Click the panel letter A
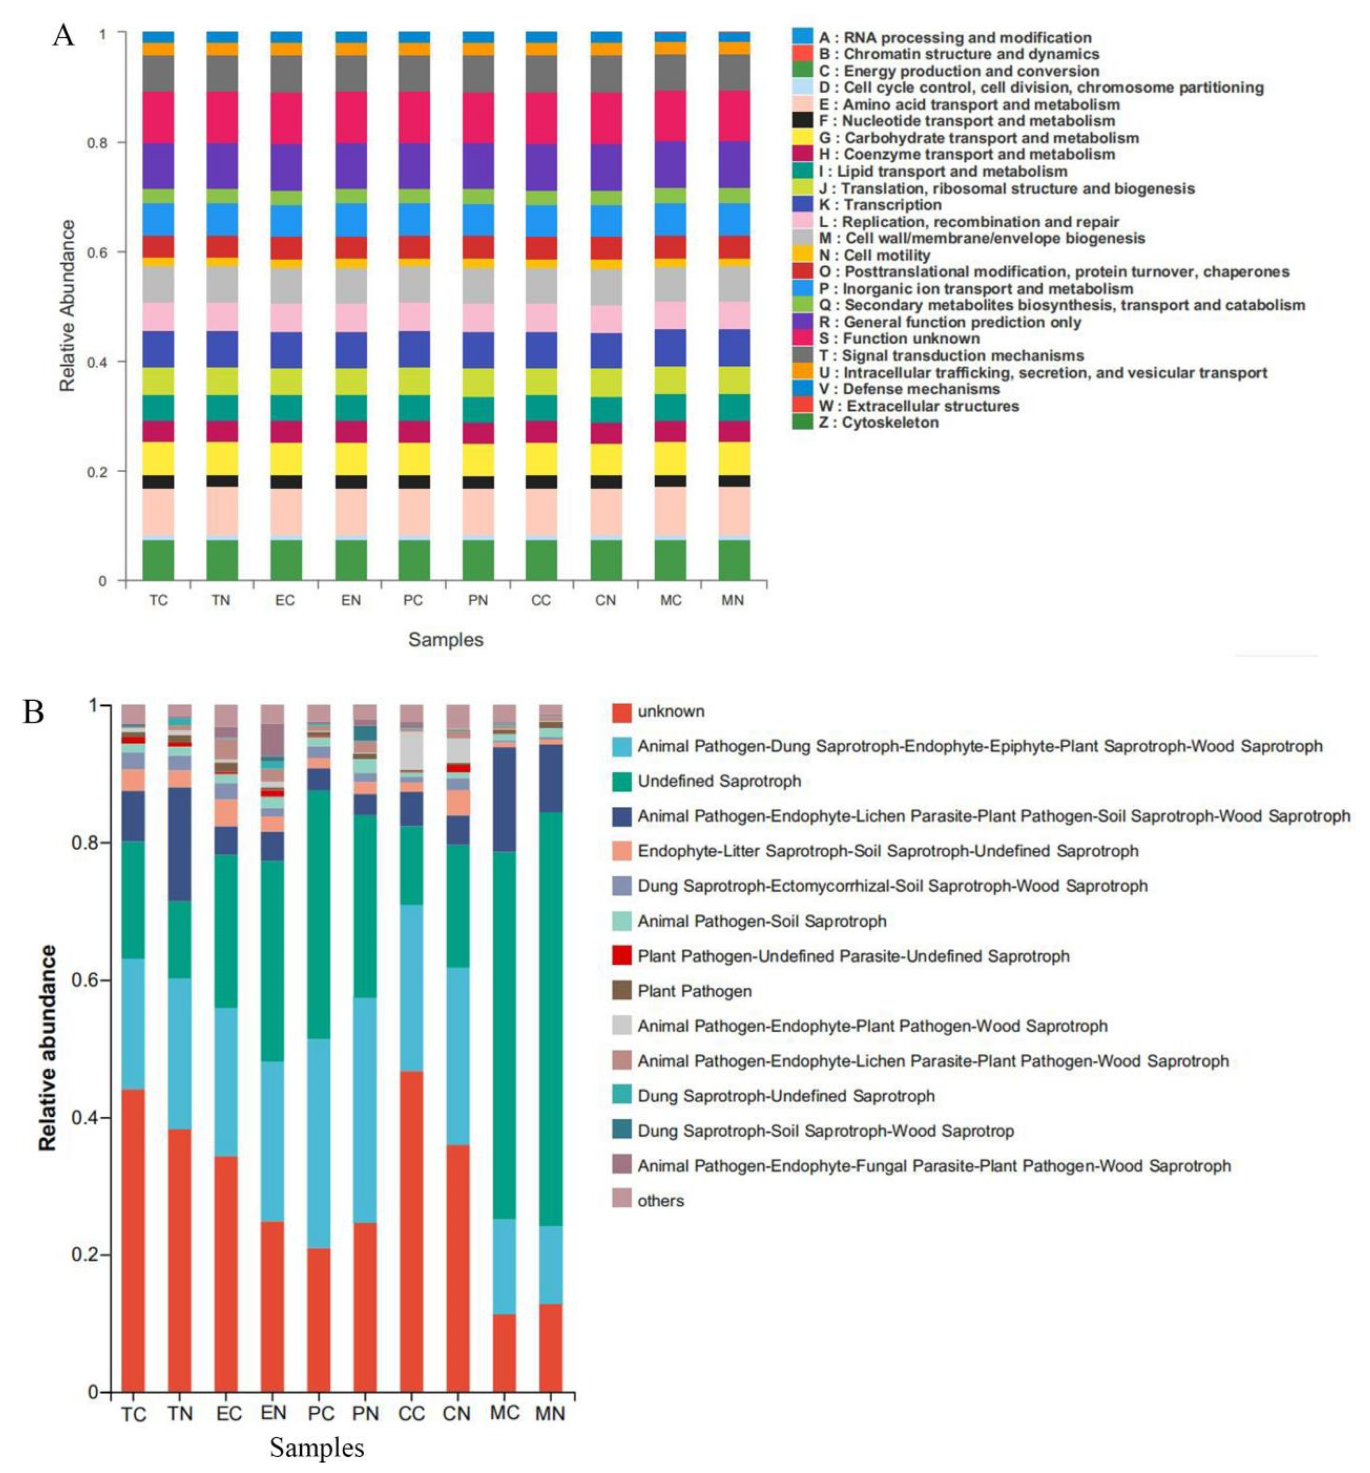(x=64, y=35)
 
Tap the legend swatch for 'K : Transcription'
(x=802, y=205)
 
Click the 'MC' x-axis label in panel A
(x=671, y=600)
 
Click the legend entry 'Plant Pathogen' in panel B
(x=694, y=991)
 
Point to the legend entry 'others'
(x=660, y=1201)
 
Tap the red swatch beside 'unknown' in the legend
(x=621, y=711)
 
